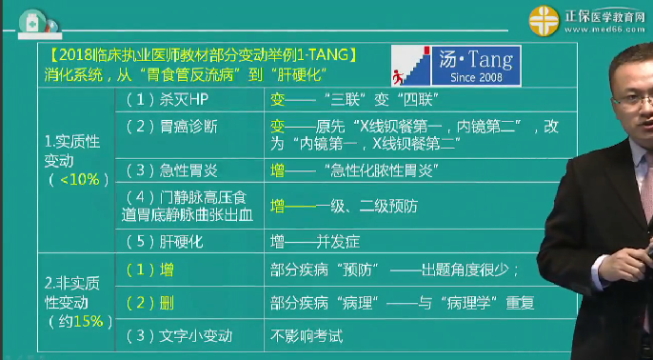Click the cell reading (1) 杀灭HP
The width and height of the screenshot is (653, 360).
click(x=166, y=99)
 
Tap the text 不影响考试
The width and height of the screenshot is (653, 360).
click(x=307, y=335)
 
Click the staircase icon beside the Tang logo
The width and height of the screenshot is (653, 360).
click(x=410, y=65)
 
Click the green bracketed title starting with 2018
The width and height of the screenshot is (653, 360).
click(x=203, y=55)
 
